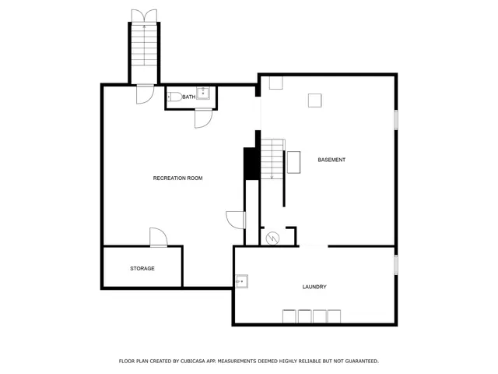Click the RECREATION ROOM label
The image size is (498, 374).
point(177,178)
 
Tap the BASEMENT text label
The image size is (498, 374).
point(331,160)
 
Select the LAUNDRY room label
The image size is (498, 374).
point(314,287)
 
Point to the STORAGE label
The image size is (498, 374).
point(142,268)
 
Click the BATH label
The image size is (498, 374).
point(189,97)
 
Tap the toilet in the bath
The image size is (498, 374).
point(174,97)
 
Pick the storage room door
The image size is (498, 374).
point(158,237)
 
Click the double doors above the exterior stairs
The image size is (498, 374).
point(144,16)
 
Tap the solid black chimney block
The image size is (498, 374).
point(251,164)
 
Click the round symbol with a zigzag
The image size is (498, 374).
point(272,238)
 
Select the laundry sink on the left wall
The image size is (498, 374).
point(241,280)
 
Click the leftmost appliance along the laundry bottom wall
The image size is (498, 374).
point(289,316)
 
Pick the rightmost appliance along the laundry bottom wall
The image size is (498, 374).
point(334,316)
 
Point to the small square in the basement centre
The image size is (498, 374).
point(314,100)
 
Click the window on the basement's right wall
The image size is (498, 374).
point(396,120)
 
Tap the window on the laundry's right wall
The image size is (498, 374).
point(396,264)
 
